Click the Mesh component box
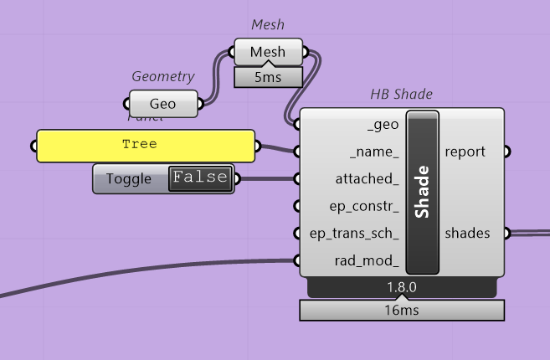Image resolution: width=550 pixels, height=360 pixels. click(268, 52)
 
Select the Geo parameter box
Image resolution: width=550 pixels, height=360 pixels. click(163, 105)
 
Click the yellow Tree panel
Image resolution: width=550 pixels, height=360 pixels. click(145, 145)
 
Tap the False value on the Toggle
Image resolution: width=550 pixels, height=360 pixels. click(200, 177)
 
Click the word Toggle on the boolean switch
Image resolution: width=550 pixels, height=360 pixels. click(129, 178)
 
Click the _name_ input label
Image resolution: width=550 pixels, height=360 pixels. click(374, 152)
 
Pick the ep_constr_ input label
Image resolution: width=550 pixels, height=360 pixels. click(363, 205)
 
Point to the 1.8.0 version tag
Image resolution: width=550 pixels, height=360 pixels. click(401, 288)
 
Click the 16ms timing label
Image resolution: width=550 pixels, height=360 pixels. click(401, 311)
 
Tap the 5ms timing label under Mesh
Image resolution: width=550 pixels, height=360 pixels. click(268, 77)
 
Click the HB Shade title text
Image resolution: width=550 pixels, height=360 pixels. click(401, 95)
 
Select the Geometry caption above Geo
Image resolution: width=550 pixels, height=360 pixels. click(163, 76)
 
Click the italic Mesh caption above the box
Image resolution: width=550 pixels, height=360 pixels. click(269, 27)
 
